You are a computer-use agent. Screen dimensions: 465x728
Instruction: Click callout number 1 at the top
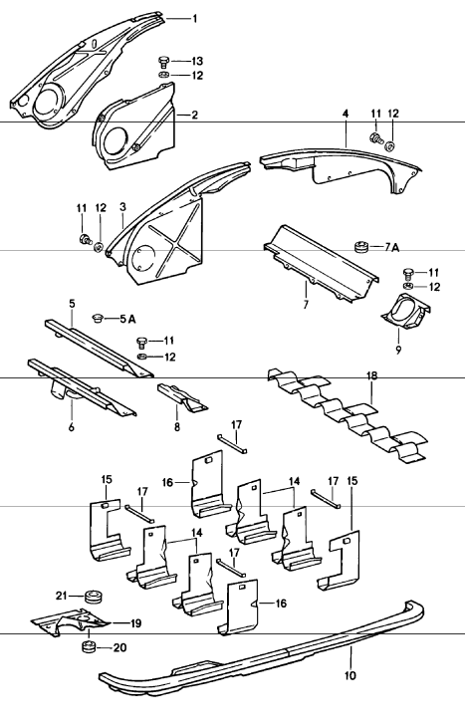tap(195, 19)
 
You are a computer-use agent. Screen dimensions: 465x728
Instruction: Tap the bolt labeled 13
tap(163, 62)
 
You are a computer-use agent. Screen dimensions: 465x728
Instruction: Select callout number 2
tap(194, 115)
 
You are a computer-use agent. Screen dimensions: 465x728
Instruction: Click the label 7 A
tap(391, 248)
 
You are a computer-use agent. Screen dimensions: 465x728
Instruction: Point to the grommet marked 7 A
tap(361, 247)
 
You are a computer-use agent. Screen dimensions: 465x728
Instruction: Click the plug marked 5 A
tap(97, 318)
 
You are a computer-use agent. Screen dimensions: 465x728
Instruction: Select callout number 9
tap(398, 349)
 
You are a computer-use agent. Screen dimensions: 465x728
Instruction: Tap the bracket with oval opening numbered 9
tap(405, 311)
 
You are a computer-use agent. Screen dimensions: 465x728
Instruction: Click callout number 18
tap(371, 376)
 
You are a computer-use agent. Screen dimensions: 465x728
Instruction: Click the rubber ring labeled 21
tap(94, 597)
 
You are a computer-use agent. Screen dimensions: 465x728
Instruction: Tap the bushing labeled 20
tap(89, 646)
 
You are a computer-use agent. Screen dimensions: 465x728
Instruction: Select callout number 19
tap(135, 623)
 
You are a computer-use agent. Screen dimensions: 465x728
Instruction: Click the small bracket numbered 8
tap(184, 397)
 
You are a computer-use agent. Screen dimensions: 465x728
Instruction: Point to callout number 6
tap(71, 426)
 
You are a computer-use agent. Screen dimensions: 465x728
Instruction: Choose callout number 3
tap(122, 206)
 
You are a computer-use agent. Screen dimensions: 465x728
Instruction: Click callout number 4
tap(346, 114)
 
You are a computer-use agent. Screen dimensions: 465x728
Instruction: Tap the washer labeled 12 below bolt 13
tap(163, 76)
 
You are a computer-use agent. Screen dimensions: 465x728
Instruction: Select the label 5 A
tap(127, 319)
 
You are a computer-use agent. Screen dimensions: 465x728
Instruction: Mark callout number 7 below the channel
tap(306, 305)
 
